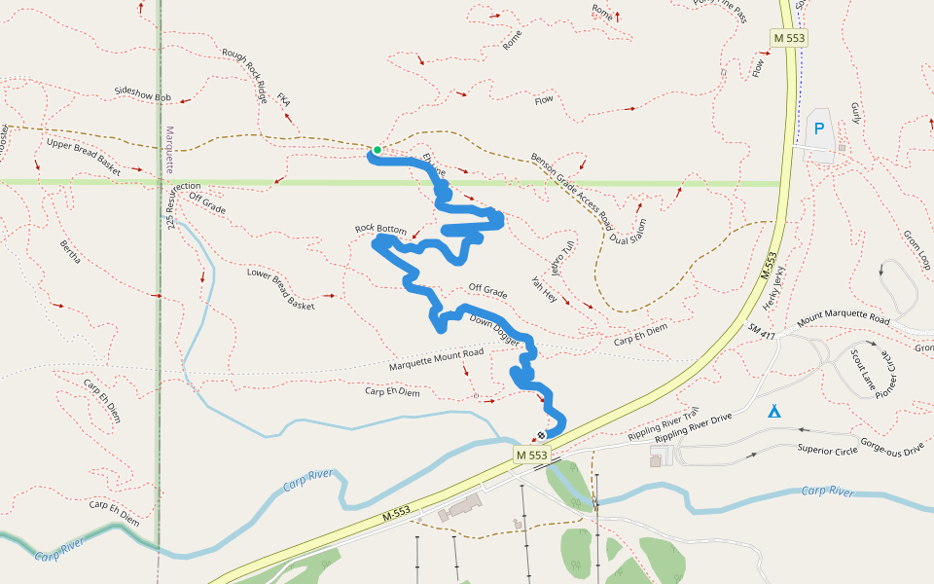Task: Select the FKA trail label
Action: point(284,100)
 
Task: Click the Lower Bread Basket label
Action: point(281,289)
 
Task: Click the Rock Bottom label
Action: point(380,229)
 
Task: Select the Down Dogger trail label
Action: point(495,329)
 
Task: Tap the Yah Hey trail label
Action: point(544,290)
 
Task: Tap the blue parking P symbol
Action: point(819,128)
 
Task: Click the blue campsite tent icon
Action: point(773,412)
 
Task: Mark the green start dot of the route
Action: point(377,150)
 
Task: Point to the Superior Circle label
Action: point(827,449)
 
